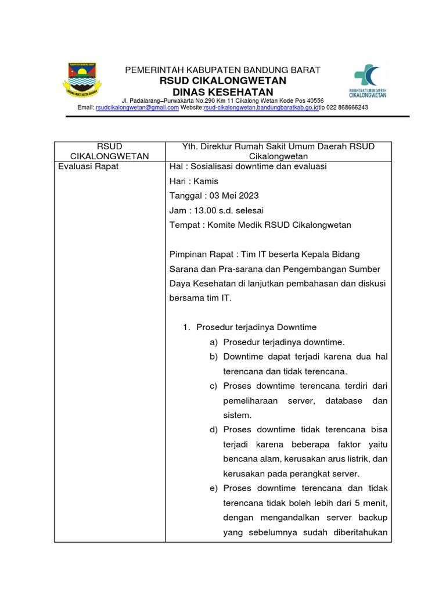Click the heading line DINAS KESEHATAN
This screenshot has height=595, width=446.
[x=223, y=92]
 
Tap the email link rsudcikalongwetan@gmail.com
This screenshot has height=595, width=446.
[x=137, y=107]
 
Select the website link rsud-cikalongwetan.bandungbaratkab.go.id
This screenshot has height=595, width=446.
[x=261, y=107]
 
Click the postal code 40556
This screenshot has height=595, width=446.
[x=314, y=101]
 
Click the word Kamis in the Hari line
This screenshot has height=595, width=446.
[x=206, y=181]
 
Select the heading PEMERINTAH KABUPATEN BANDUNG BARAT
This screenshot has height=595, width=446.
[x=223, y=70]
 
